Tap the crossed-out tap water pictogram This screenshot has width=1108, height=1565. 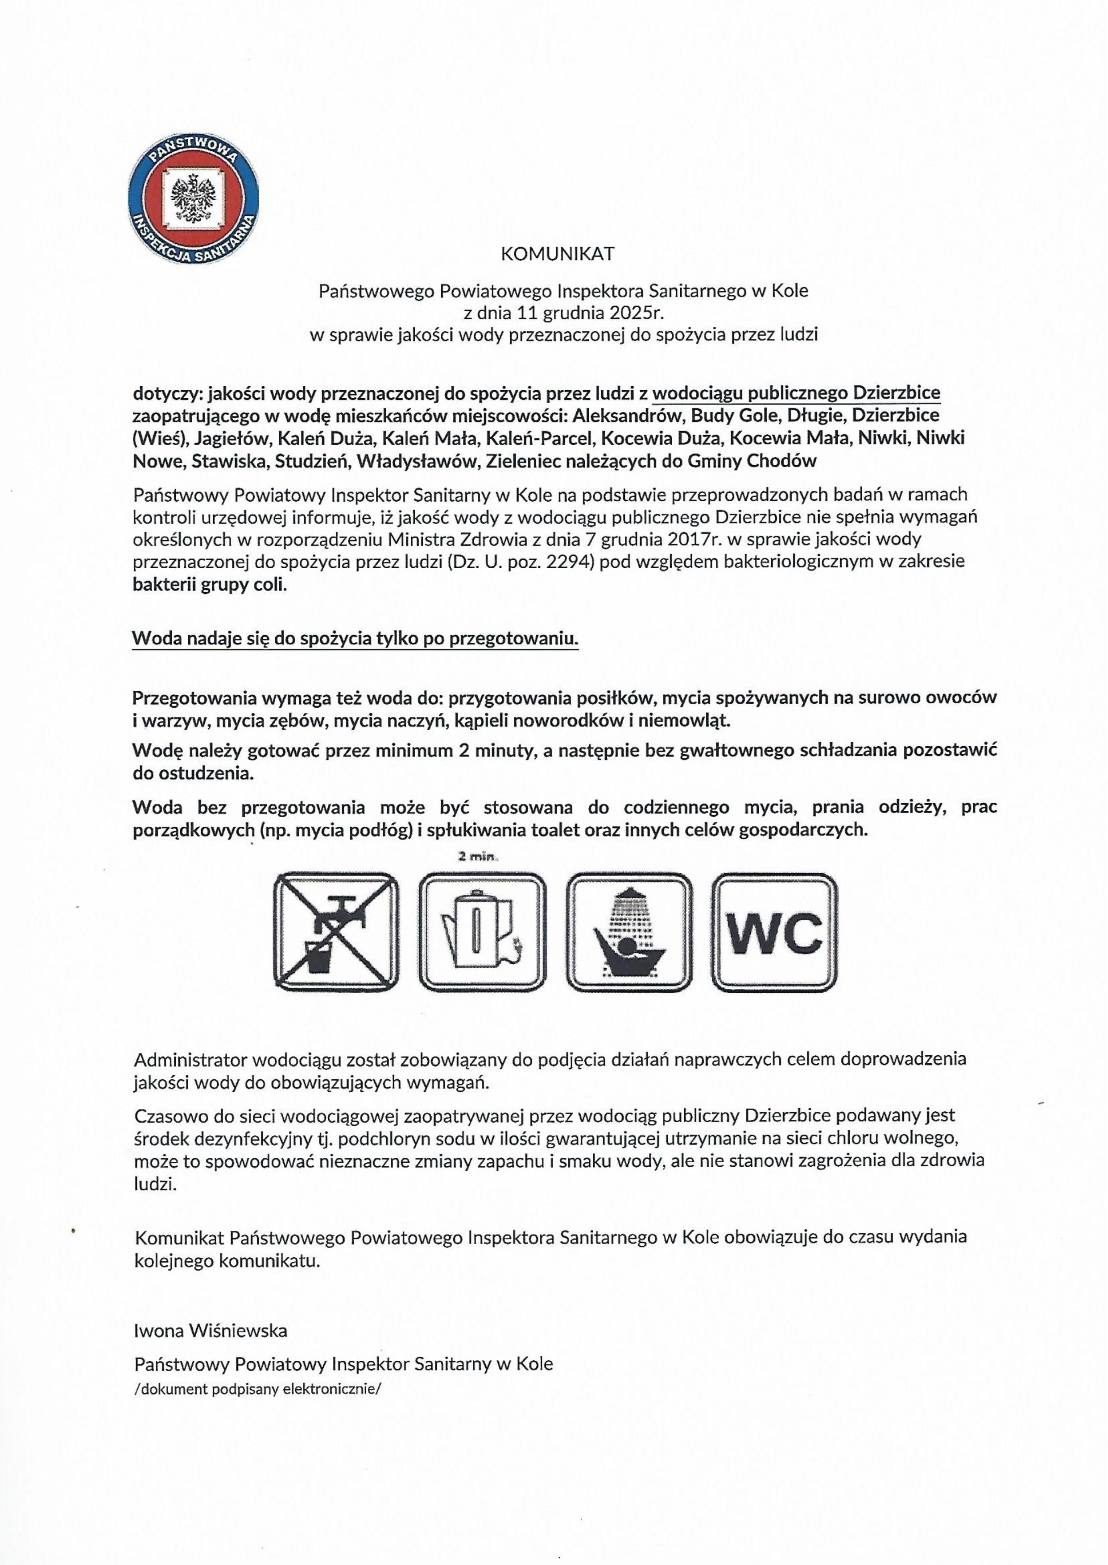pyautogui.click(x=336, y=932)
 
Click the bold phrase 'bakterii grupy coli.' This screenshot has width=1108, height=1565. pyautogui.click(x=210, y=585)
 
